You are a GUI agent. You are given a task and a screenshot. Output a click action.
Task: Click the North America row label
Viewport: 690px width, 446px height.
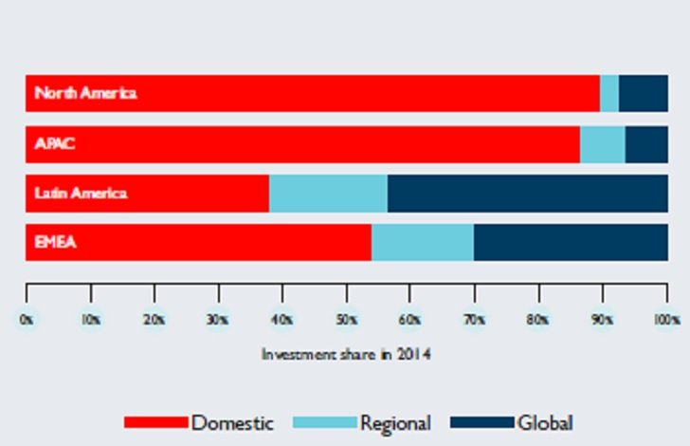[x=85, y=93]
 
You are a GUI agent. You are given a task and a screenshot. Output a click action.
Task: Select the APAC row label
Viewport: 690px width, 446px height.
[x=54, y=144]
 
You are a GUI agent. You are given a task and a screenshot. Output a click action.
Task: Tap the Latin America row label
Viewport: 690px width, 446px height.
[x=81, y=194]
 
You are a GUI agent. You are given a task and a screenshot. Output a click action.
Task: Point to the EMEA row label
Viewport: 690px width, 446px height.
[x=55, y=243]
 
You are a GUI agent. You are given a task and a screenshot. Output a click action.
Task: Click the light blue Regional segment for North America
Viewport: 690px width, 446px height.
[x=609, y=93]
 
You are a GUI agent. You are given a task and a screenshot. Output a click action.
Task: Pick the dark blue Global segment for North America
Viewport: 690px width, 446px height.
[x=643, y=93]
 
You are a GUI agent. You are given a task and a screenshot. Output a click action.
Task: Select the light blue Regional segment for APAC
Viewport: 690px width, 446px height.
[x=602, y=144]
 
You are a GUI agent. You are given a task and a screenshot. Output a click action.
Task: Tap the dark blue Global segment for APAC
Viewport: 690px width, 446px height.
[x=646, y=144]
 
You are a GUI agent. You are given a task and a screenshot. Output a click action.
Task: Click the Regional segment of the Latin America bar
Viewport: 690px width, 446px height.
[x=328, y=194]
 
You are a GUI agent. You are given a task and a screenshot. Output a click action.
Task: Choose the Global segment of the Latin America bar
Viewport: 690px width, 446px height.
[x=527, y=194]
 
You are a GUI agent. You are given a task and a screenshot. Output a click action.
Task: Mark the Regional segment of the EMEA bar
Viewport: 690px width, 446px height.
[x=422, y=243]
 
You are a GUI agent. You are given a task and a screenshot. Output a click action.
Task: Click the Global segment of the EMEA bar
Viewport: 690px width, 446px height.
[x=571, y=243]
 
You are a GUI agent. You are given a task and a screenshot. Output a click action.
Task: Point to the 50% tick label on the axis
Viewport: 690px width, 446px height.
[x=346, y=321]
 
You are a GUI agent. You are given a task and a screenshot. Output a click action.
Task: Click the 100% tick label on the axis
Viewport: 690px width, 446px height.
[x=667, y=321]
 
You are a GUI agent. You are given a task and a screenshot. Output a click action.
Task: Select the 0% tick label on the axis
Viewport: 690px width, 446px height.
[x=27, y=321]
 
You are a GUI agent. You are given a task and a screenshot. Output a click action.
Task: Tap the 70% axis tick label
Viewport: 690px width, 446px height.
[x=474, y=321]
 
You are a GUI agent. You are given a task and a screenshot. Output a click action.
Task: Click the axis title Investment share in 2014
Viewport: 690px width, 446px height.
[x=346, y=355]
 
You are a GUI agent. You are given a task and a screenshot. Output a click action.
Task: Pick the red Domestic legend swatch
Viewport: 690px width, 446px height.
[x=155, y=422]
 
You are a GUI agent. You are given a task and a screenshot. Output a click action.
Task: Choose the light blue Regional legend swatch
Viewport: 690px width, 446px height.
[x=324, y=422]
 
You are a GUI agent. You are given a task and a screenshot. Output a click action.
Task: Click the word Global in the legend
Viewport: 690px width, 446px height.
[x=545, y=422]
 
